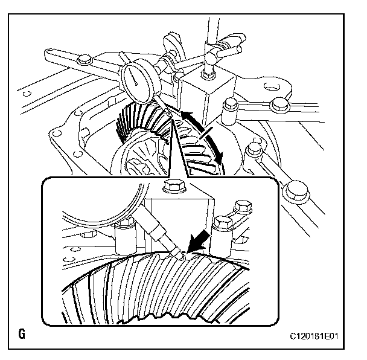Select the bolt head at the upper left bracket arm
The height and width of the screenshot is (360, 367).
(x=85, y=60)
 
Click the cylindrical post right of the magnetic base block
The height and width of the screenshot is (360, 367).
(x=230, y=111)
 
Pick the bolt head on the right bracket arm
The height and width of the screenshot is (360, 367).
(x=278, y=105)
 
